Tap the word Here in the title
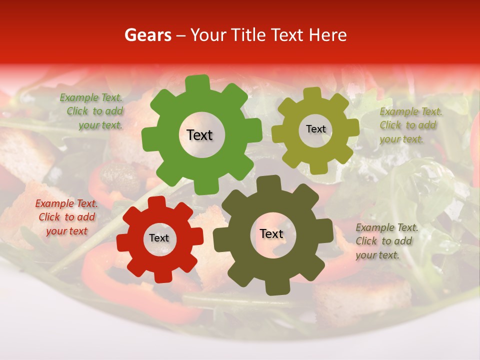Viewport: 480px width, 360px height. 328,35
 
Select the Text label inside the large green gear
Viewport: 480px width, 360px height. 199,135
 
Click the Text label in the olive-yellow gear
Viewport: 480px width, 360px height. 315,129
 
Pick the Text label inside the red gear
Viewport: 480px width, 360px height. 159,238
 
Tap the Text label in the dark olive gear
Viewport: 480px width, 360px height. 271,233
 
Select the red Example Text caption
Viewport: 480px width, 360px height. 67,217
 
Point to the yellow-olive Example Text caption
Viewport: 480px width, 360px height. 410,125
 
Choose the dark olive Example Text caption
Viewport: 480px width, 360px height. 386,241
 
